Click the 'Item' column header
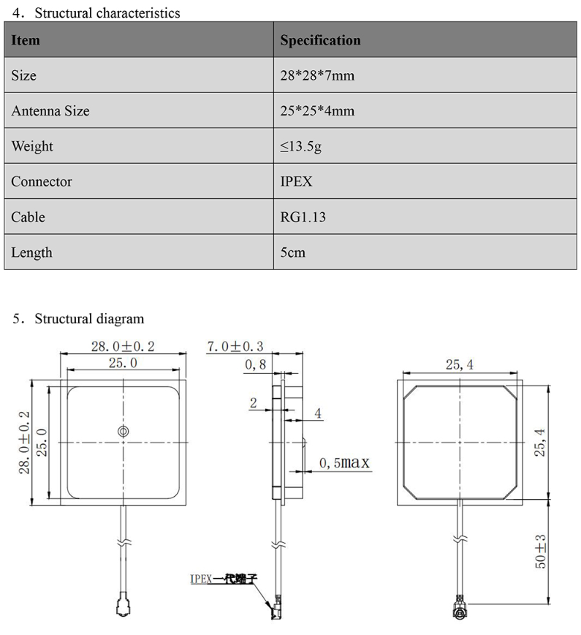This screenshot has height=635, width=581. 26,40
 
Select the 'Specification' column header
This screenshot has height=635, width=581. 320,40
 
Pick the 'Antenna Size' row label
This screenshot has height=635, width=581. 50,111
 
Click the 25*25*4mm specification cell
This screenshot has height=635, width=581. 317,111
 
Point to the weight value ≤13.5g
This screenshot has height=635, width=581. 301,146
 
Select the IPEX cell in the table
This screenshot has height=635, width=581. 296,181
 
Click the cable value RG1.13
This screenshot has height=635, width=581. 302,217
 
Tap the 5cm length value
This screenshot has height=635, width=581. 292,252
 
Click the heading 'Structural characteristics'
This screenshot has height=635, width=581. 107,12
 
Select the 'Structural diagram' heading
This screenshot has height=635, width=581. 89,318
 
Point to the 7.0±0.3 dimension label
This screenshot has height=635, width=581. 235,347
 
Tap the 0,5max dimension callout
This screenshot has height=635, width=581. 345,463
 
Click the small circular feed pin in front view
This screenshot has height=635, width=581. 122,432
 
